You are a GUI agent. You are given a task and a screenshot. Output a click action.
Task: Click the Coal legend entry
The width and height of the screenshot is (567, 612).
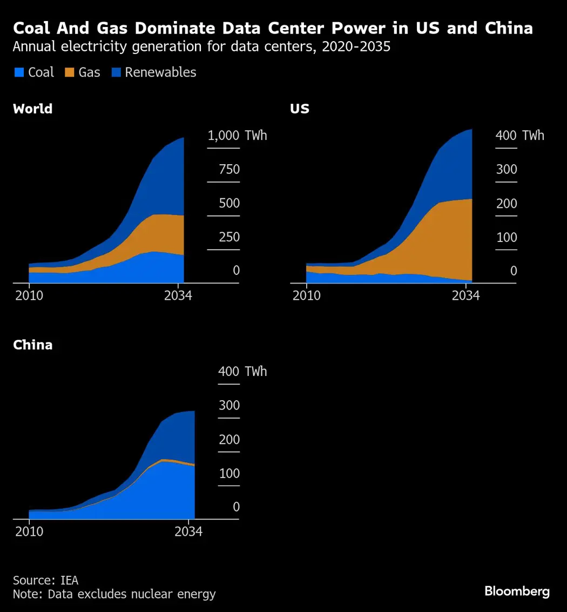pyautogui.click(x=34, y=72)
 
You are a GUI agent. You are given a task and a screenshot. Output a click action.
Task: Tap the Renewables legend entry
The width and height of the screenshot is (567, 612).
pyautogui.click(x=154, y=72)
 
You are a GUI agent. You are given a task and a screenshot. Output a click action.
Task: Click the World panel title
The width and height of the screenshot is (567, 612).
pyautogui.click(x=32, y=109)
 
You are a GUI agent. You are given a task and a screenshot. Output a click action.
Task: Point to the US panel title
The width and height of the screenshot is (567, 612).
pyautogui.click(x=300, y=109)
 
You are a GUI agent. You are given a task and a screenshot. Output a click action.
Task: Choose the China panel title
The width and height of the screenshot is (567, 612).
pyautogui.click(x=33, y=345)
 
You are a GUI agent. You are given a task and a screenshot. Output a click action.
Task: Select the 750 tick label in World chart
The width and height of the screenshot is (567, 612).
pyautogui.click(x=229, y=170)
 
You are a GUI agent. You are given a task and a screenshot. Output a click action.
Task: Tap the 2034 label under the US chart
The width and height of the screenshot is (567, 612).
pyautogui.click(x=465, y=295)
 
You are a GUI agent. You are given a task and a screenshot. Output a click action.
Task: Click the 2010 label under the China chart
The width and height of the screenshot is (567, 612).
pyautogui.click(x=29, y=532)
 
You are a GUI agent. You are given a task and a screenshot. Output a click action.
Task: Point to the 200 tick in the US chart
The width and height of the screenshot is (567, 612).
pyautogui.click(x=507, y=204)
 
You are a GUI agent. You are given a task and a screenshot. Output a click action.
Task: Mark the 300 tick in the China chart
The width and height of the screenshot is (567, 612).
pyautogui.click(x=229, y=406)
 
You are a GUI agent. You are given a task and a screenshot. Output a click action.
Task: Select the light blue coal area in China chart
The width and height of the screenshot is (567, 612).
pyautogui.click(x=162, y=492)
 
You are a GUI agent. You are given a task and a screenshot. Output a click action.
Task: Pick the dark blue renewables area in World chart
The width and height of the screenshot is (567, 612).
pyautogui.click(x=162, y=184)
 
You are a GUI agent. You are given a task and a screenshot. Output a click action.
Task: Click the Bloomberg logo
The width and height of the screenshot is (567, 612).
pyautogui.click(x=517, y=591)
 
